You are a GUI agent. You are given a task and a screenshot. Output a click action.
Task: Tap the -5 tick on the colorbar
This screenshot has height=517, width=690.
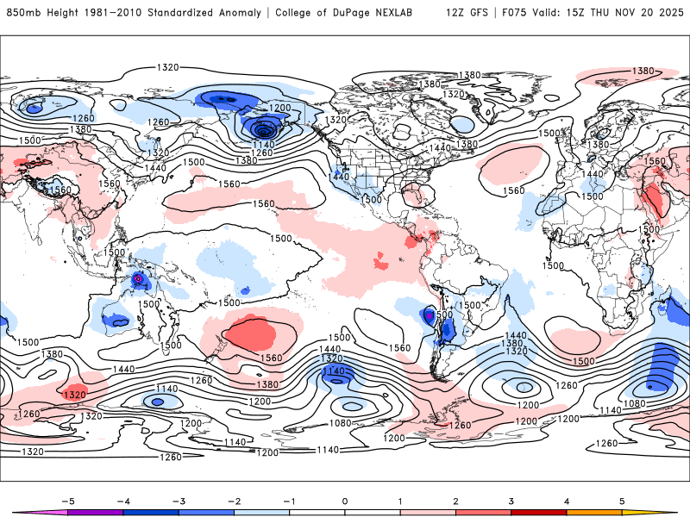click(68, 501)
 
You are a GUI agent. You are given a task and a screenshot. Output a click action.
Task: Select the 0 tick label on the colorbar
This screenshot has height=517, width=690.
click(345, 501)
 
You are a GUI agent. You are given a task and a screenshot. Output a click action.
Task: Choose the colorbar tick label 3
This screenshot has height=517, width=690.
click(511, 501)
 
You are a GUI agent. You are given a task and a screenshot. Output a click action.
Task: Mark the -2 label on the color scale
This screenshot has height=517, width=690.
click(235, 501)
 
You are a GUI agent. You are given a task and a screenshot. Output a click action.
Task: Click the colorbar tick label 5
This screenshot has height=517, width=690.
click(622, 501)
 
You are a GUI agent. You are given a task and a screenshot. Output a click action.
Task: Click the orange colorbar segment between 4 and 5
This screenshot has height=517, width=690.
click(594, 512)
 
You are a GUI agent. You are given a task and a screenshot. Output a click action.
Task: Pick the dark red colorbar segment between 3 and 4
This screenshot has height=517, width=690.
click(539, 512)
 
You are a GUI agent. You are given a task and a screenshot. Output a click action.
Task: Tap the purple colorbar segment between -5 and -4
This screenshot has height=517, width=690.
click(96, 512)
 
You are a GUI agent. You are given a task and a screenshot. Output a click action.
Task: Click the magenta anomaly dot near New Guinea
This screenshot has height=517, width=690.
click(138, 279)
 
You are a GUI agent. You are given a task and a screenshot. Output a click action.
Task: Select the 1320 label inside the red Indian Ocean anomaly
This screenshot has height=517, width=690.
click(74, 394)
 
